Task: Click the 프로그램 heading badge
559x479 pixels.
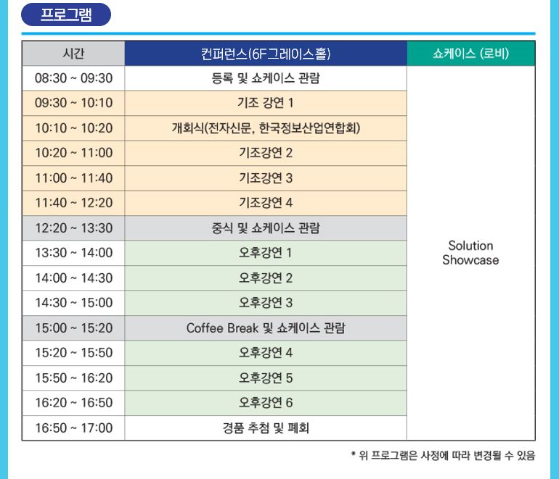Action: tap(66, 14)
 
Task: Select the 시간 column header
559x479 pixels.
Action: tap(73, 54)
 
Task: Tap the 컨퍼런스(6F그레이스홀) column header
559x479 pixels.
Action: tap(266, 54)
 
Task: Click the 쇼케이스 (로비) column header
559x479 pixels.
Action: tap(471, 54)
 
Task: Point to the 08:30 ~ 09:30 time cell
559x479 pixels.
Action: tap(73, 78)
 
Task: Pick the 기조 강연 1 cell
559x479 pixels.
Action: tap(266, 103)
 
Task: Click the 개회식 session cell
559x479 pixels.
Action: tap(266, 128)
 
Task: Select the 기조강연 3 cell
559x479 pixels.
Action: tap(266, 178)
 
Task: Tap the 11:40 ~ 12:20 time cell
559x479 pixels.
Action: tap(73, 203)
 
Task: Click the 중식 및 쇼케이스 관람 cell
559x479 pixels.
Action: tap(266, 228)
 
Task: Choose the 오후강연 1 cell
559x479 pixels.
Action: tap(266, 253)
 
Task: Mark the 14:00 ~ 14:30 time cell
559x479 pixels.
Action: tap(73, 278)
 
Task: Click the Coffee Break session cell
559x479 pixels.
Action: tap(266, 328)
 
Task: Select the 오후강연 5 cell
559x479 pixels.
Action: tap(266, 378)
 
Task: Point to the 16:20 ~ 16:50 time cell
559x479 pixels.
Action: tap(73, 403)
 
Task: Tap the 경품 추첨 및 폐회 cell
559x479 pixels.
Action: tap(266, 428)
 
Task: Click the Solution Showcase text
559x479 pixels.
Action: tap(470, 253)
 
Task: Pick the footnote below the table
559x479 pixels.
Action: tap(443, 456)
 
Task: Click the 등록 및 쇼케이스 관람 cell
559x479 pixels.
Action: tap(266, 78)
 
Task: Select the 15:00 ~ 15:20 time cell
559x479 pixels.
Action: tap(73, 328)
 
